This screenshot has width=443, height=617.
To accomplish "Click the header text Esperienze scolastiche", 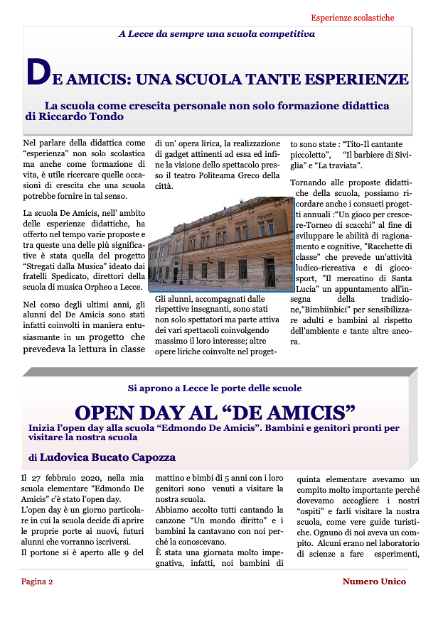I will coord(352,18).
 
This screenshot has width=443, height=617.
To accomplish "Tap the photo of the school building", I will coord(220,244).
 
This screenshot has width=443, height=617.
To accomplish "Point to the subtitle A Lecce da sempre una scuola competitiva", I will coord(216,33).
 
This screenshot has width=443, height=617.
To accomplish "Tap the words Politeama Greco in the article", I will coord(237,175).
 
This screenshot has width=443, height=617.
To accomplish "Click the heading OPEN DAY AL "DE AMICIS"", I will coord(215,413).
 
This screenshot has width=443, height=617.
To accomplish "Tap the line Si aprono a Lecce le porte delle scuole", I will coord(215,388).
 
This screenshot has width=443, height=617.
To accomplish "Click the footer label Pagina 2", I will coord(37,581).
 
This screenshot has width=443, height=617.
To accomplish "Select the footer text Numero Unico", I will coord(374,581).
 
